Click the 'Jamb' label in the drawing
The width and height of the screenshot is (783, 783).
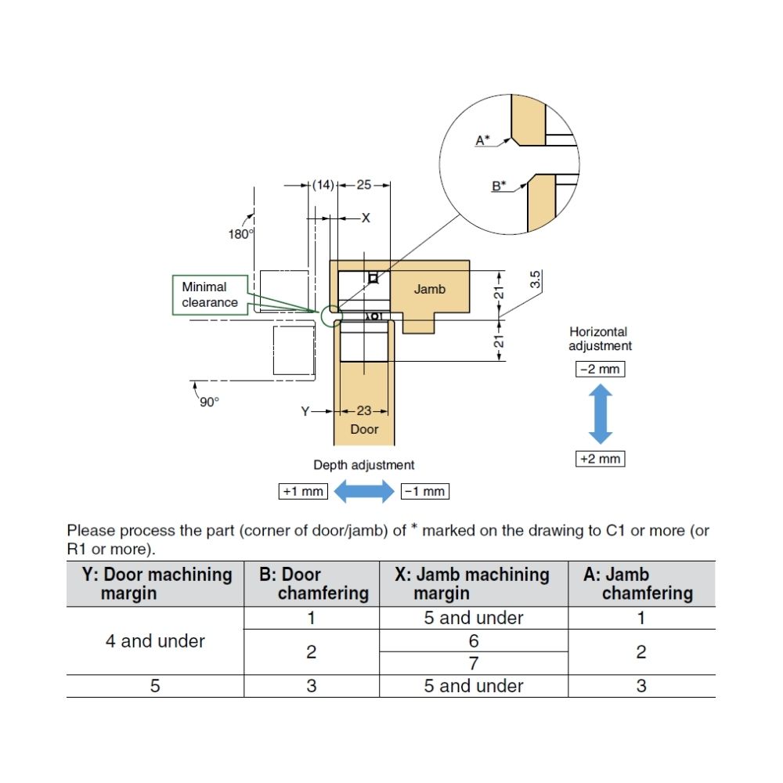click(429, 290)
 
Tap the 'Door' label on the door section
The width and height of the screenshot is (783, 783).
click(364, 429)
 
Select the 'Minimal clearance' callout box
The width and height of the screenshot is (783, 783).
click(210, 294)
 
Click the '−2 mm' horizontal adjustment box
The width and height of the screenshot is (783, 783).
click(600, 368)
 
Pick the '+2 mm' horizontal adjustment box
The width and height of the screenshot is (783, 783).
click(600, 459)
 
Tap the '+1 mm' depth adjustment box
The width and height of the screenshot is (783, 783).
click(303, 492)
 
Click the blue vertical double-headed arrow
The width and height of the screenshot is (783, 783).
click(600, 413)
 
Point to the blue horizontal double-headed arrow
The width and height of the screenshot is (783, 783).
click(364, 492)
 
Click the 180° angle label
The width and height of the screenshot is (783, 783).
click(240, 234)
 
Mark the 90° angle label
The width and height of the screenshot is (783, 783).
click(209, 402)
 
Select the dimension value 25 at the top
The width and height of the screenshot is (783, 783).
click(364, 185)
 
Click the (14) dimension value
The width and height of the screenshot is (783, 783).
click(323, 185)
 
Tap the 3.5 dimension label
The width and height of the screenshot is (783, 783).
click(536, 280)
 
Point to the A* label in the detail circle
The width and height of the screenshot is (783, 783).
click(482, 140)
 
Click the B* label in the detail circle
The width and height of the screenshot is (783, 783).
click(498, 186)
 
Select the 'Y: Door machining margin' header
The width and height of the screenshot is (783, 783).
click(156, 583)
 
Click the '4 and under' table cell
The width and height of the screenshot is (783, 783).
click(155, 641)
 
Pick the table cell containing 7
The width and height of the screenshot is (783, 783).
click(473, 663)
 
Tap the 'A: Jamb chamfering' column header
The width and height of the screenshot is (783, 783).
click(640, 583)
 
